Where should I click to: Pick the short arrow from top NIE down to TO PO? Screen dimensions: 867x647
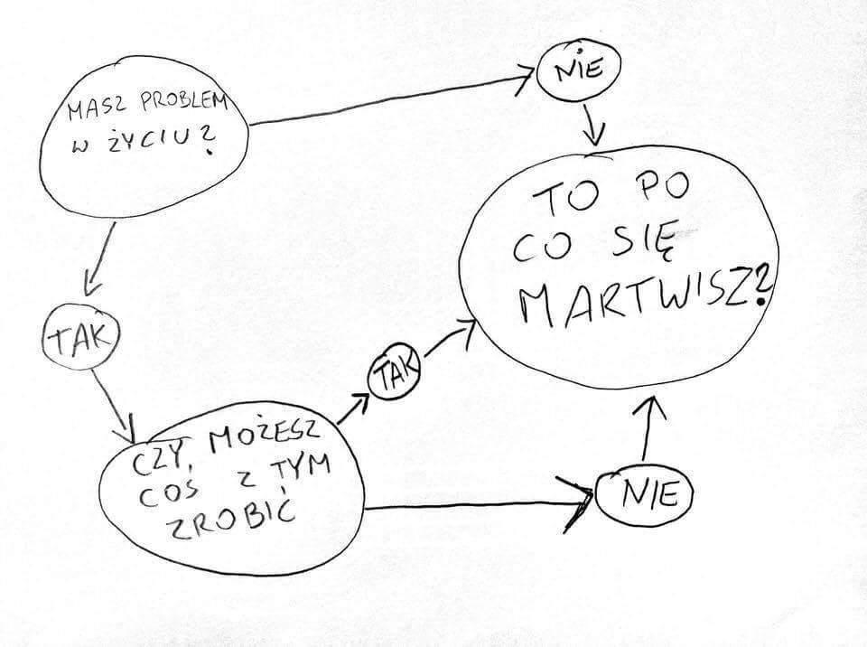coord(593,122)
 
